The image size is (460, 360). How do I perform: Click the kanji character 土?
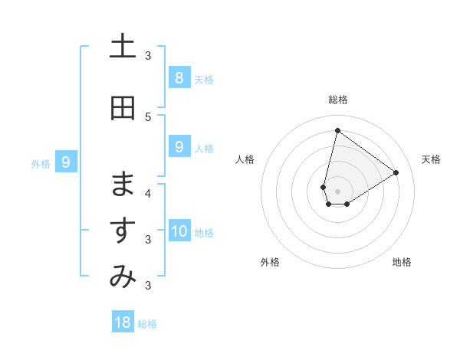tap(123, 47)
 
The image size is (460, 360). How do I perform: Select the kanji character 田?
tap(123, 108)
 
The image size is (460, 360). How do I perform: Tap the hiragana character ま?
tap(123, 185)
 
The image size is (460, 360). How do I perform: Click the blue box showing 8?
tap(179, 77)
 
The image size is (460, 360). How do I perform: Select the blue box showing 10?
tap(179, 231)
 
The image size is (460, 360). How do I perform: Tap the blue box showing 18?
tap(123, 322)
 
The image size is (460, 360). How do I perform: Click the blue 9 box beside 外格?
tap(66, 162)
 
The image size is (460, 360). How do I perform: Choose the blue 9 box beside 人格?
tap(179, 147)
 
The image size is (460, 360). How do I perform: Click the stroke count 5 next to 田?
tap(148, 116)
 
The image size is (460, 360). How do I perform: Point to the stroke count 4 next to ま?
tap(148, 193)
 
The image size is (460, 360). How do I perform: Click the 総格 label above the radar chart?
tap(338, 100)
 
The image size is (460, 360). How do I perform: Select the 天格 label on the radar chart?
tap(432, 159)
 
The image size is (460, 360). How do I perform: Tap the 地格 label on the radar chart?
tap(402, 262)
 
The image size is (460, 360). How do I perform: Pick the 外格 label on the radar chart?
tap(270, 262)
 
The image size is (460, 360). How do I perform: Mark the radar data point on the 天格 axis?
tap(396, 172)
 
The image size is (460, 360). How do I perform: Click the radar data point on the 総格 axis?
tap(337, 130)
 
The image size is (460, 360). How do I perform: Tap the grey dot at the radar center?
tap(337, 191)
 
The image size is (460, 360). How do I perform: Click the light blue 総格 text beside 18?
tap(147, 324)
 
